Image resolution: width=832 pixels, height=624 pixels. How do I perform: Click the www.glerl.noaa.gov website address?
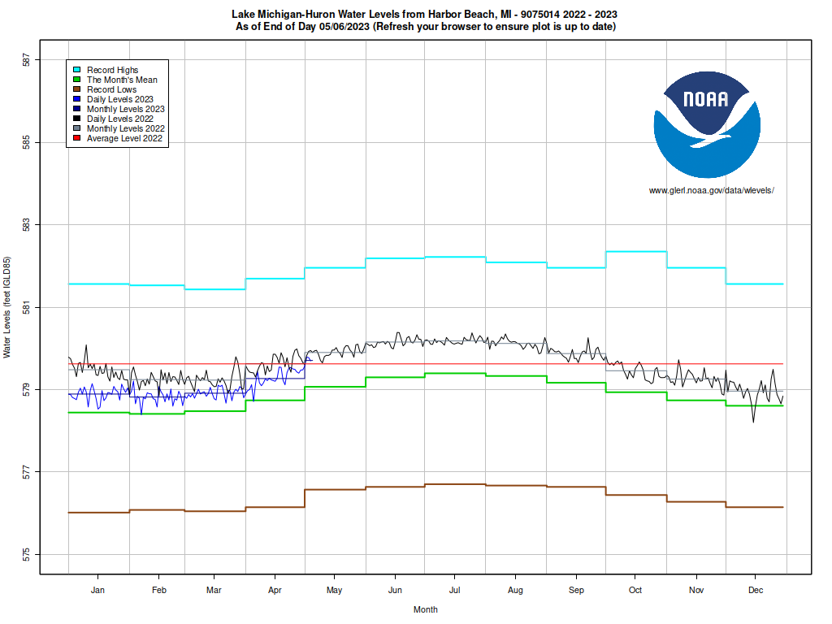click(711, 190)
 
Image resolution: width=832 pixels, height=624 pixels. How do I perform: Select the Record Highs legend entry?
click(112, 70)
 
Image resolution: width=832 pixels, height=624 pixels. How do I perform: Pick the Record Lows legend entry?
click(111, 89)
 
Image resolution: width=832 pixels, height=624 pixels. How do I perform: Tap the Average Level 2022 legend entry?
click(124, 138)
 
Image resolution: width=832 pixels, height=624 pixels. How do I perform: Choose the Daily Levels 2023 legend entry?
click(119, 99)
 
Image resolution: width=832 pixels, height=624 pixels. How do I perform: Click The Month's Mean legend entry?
click(122, 80)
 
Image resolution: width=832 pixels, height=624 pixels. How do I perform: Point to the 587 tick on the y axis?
click(27, 60)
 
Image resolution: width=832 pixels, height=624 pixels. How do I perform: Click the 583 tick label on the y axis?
click(27, 225)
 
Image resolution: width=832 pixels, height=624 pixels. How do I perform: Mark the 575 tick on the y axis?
click(27, 555)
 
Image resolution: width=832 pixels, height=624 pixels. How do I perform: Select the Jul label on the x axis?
click(455, 590)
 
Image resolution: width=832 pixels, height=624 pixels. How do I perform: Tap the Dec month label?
click(755, 590)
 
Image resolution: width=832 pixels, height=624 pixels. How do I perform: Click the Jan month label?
click(98, 590)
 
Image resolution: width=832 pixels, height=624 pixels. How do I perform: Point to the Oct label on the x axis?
click(635, 590)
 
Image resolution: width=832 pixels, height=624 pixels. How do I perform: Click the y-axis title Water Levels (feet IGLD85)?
click(7, 307)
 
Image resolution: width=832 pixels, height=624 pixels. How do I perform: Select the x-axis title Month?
click(425, 609)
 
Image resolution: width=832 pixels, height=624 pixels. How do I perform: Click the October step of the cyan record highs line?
click(636, 252)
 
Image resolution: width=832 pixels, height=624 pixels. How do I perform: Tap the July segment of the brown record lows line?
click(455, 484)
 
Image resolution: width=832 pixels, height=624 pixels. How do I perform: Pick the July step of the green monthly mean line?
click(455, 373)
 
